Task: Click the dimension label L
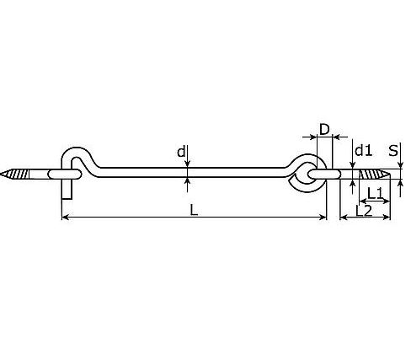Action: [195, 211]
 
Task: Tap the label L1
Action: [376, 194]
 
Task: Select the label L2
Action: [364, 211]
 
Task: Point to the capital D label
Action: [323, 129]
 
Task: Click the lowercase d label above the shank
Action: [180, 152]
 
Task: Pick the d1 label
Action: [363, 151]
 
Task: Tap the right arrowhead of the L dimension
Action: [323, 218]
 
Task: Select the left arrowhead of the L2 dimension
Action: [344, 218]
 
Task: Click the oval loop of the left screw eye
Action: [63, 174]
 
